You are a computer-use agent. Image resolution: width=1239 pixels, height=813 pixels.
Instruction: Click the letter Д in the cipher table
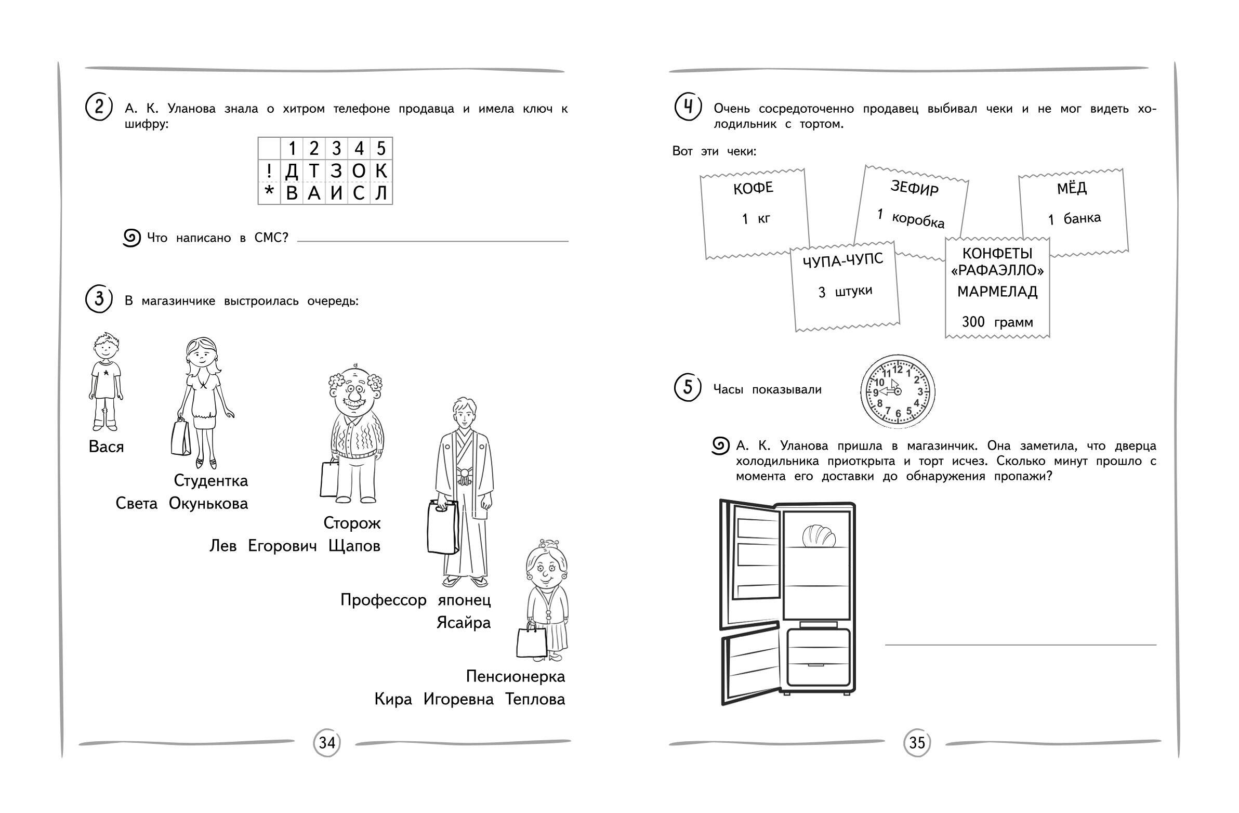pyautogui.click(x=292, y=171)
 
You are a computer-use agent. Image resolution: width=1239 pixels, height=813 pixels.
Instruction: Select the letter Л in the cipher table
pyautogui.click(x=381, y=193)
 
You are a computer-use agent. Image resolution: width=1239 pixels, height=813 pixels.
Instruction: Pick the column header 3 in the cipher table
pyautogui.click(x=336, y=149)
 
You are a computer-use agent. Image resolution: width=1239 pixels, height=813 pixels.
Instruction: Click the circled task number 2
pyautogui.click(x=98, y=107)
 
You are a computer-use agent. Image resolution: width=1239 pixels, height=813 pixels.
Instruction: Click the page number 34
pyautogui.click(x=327, y=742)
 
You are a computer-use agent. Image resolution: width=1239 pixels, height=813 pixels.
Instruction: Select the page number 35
pyautogui.click(x=917, y=742)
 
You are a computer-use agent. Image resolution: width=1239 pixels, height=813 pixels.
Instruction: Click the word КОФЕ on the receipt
pyautogui.click(x=753, y=188)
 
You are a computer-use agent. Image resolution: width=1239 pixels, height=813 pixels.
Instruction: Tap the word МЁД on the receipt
pyautogui.click(x=1072, y=188)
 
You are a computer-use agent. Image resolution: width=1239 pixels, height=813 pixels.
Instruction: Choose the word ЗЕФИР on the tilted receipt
pyautogui.click(x=914, y=188)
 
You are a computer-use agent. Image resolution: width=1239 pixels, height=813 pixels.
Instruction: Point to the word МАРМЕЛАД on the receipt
pyautogui.click(x=997, y=292)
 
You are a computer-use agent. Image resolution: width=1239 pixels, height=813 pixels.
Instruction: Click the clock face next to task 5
pyautogui.click(x=898, y=391)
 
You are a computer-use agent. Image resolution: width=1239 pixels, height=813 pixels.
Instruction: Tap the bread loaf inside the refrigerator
pyautogui.click(x=819, y=536)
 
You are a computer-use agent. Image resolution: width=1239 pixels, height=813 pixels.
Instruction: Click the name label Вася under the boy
pyautogui.click(x=106, y=447)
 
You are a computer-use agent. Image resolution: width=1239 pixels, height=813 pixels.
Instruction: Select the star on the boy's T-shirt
pyautogui.click(x=106, y=373)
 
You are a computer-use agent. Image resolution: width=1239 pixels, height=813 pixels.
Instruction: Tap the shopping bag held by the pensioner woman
pyautogui.click(x=531, y=641)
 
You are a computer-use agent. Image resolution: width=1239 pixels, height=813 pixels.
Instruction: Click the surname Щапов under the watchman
pyautogui.click(x=354, y=546)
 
